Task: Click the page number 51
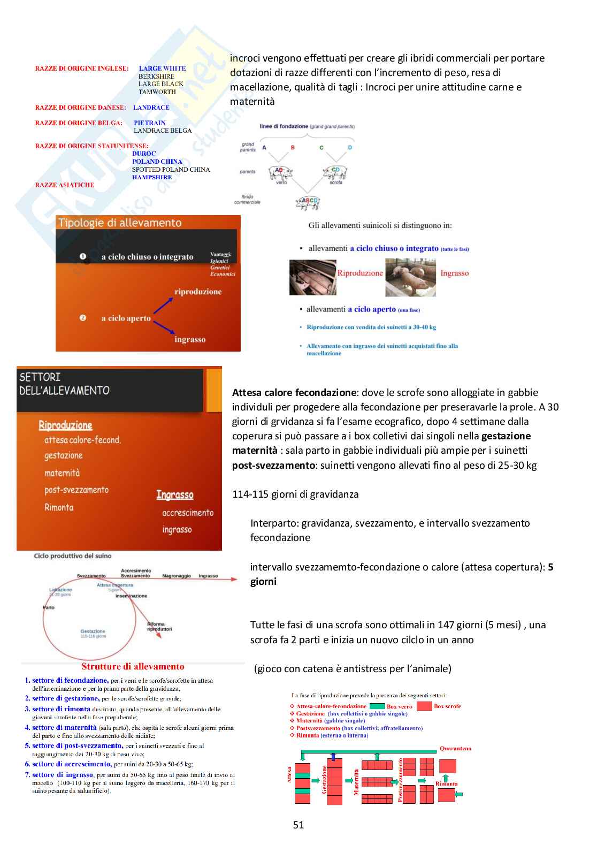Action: pos(298,825)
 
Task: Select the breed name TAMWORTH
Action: pos(157,92)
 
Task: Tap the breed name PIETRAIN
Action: pos(149,123)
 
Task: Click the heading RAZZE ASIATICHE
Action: pos(64,185)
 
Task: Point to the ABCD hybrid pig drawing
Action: pos(308,202)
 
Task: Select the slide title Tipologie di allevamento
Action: pos(120,223)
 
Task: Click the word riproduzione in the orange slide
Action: pos(197,292)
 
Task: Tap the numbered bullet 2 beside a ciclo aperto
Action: pos(83,318)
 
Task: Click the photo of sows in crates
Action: pos(312,278)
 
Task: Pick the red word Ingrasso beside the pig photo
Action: pos(454,273)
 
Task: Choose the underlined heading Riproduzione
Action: pos(65,425)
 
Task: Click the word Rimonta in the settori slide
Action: pos(59,507)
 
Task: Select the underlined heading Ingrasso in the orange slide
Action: pos(175,495)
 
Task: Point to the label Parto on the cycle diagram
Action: pos(49,607)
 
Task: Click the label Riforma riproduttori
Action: pos(159,627)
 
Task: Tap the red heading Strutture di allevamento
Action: pos(133,666)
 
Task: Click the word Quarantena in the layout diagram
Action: pos(455,748)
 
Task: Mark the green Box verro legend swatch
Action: pos(377,706)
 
